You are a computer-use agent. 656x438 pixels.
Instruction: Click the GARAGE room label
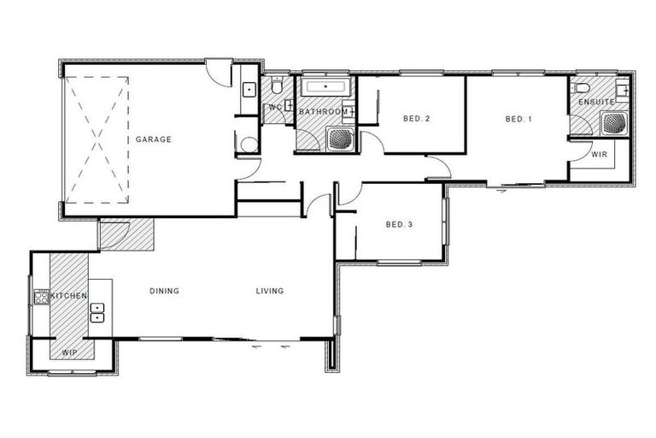click(x=153, y=139)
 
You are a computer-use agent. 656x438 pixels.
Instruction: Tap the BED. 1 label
click(x=518, y=119)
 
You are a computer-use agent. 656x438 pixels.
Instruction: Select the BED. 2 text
click(x=415, y=119)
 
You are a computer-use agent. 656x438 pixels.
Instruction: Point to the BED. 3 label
click(x=399, y=225)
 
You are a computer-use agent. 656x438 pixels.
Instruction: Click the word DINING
click(x=164, y=291)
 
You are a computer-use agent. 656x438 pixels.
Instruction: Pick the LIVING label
click(x=270, y=291)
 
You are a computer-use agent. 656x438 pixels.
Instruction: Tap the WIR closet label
click(x=599, y=155)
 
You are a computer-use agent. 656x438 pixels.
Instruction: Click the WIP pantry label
click(x=69, y=352)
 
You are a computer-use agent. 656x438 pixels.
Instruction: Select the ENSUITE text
click(x=595, y=103)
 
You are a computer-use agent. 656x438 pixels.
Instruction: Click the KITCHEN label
click(x=69, y=296)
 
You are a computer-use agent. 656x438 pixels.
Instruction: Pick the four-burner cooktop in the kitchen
click(x=40, y=297)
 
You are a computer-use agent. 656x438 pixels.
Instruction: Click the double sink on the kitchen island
click(x=97, y=312)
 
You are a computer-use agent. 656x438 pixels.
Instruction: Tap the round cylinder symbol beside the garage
click(x=249, y=144)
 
